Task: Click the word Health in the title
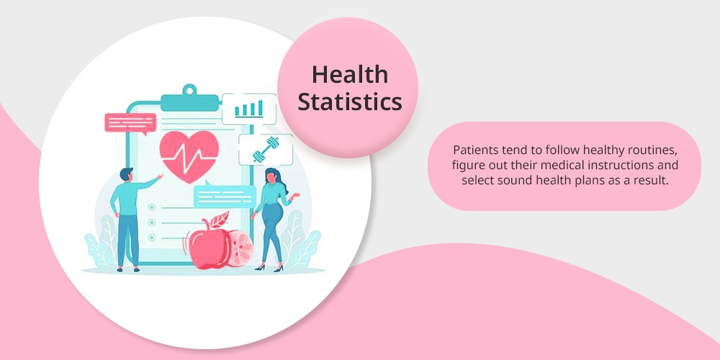pyautogui.click(x=350, y=74)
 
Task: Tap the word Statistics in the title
pyautogui.click(x=350, y=102)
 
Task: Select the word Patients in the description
pyautogui.click(x=470, y=150)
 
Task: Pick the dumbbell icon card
pyautogui.click(x=266, y=150)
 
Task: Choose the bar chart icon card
pyautogui.click(x=249, y=109)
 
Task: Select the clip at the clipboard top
pyautogui.click(x=189, y=98)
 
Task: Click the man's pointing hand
pyautogui.click(x=160, y=176)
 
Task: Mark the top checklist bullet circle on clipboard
pyautogui.click(x=151, y=207)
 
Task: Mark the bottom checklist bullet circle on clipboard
pyautogui.click(x=151, y=238)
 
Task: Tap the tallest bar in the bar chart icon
pyautogui.click(x=261, y=107)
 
